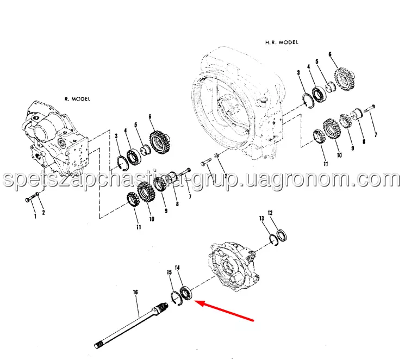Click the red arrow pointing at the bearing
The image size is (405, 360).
[224, 311]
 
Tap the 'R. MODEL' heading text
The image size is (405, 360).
[78, 99]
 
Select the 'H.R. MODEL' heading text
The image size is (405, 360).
[282, 42]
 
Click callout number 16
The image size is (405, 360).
[135, 292]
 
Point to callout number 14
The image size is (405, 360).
[177, 268]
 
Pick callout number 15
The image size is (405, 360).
[169, 272]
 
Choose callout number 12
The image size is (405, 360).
[270, 213]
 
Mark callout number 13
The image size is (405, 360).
[261, 219]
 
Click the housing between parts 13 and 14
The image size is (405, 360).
[234, 266]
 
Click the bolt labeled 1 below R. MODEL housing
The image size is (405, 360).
[31, 199]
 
